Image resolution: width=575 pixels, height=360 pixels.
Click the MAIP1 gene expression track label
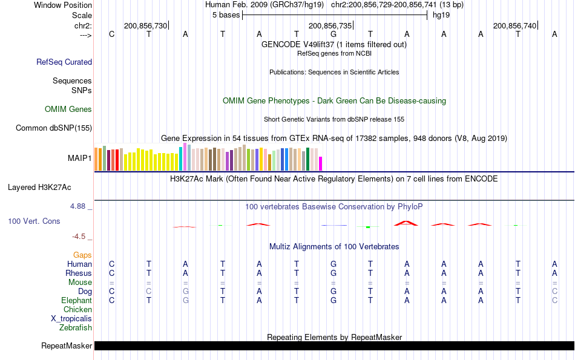coord(80,159)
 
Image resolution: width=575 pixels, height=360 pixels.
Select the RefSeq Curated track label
coord(64,62)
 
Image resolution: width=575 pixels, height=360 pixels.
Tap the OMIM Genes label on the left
coord(68,110)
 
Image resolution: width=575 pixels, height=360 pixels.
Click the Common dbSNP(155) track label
coord(54,128)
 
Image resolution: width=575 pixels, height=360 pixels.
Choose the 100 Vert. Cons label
coord(34,221)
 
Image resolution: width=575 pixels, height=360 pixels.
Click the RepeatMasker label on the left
coord(67,346)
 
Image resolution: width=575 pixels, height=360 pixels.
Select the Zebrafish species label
coord(76,328)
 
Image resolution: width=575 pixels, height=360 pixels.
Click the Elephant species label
coord(76,301)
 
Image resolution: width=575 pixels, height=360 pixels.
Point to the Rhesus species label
coord(78,273)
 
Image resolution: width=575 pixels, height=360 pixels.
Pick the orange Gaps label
coord(82,255)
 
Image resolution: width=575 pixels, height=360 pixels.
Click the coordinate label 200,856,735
coord(330,26)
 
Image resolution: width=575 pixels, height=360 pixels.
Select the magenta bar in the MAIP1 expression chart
coord(321,164)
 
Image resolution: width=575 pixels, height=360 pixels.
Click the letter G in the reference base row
coord(333,34)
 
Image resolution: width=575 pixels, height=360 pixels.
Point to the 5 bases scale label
coord(226,15)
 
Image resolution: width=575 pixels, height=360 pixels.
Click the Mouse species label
coord(80,283)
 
